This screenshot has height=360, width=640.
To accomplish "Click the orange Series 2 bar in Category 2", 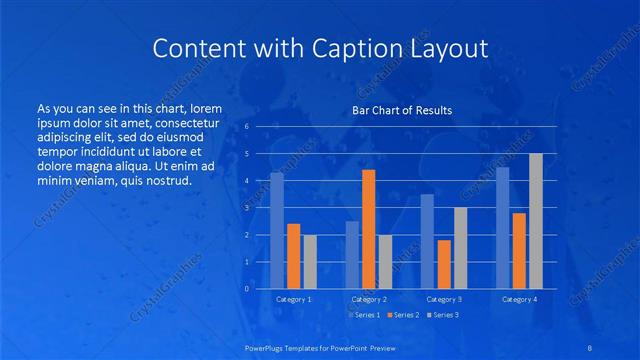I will click(x=368, y=229).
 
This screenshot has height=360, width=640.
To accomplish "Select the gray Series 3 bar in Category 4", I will click(x=536, y=221).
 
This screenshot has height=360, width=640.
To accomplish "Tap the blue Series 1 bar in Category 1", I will click(x=277, y=230).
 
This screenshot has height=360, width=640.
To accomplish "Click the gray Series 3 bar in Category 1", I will click(x=310, y=261).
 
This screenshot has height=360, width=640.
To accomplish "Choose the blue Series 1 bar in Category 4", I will click(x=503, y=227).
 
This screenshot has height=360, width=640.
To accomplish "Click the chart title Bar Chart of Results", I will click(x=402, y=110).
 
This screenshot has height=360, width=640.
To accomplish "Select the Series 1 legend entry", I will click(x=363, y=315).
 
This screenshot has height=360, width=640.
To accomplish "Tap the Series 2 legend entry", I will click(x=402, y=315).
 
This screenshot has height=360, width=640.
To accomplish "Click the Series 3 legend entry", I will click(x=441, y=315).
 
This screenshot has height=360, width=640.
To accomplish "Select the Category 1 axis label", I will click(x=293, y=299).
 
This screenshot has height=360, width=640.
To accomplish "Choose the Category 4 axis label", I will click(x=519, y=299).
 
